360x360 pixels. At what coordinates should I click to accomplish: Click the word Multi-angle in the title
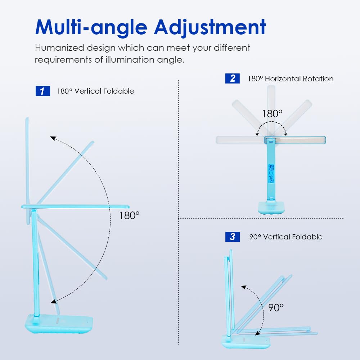pos(91,28)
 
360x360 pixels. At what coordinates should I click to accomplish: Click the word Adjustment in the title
pos(210,28)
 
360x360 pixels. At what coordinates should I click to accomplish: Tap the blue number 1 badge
pos(43,91)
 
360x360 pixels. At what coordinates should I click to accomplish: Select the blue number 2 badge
pos(232,78)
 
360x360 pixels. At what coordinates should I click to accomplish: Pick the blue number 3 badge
pos(232,237)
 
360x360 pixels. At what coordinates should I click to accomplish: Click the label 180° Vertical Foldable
pos(95,91)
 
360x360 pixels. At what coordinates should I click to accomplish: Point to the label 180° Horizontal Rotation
pos(291,79)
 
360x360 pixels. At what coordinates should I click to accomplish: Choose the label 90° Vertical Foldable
pos(286,237)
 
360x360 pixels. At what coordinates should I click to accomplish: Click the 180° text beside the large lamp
pos(129,216)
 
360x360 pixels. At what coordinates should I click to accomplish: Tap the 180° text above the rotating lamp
pos(272,114)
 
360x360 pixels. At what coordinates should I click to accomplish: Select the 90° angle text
pos(276,308)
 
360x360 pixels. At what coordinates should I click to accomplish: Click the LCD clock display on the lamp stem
pos(271,174)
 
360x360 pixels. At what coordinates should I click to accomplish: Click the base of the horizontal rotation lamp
pos(271,208)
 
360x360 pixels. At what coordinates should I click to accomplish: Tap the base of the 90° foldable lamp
pos(246,342)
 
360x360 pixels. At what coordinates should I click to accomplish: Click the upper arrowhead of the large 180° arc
pos(53,138)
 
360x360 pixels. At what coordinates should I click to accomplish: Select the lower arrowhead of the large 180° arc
pos(54,301)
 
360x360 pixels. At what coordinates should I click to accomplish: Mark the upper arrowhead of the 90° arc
pos(244,287)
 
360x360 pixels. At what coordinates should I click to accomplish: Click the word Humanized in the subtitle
pos(59,48)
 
